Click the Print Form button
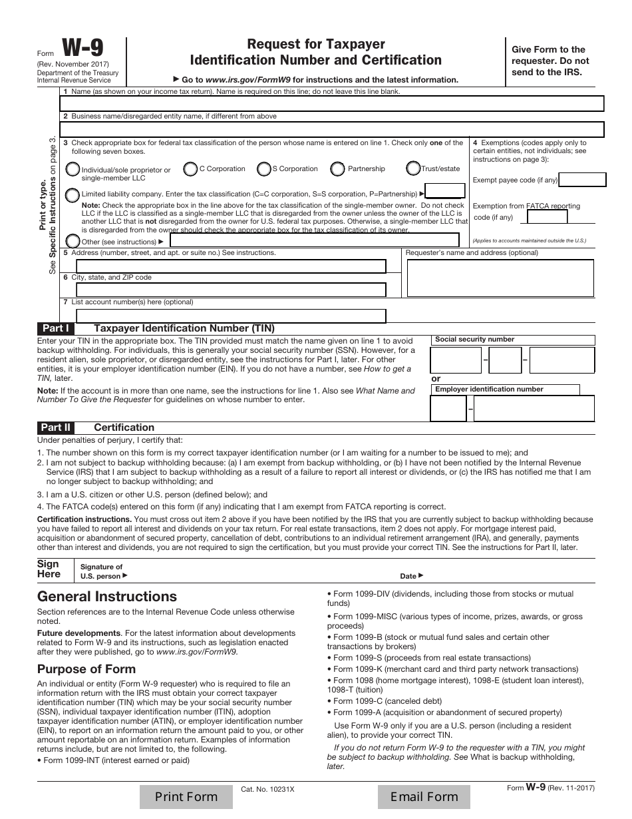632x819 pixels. tap(186, 796)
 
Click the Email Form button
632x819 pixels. tap(424, 796)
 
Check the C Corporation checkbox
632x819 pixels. tap(190, 169)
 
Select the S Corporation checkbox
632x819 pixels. tap(264, 169)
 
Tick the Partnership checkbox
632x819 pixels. tap(338, 169)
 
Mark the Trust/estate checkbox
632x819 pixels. tap(412, 169)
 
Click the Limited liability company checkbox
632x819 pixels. tap(72, 194)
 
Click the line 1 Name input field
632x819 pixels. tap(331, 103)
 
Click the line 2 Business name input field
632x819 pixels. tap(331, 129)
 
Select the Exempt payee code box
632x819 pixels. tap(582, 180)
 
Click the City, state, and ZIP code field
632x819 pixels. tap(230, 290)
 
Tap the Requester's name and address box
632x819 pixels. tap(500, 278)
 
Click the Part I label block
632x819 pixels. tap(56, 328)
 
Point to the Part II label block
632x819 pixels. tap(56, 427)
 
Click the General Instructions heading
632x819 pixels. tap(107, 597)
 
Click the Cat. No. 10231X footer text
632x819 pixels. tap(267, 788)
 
